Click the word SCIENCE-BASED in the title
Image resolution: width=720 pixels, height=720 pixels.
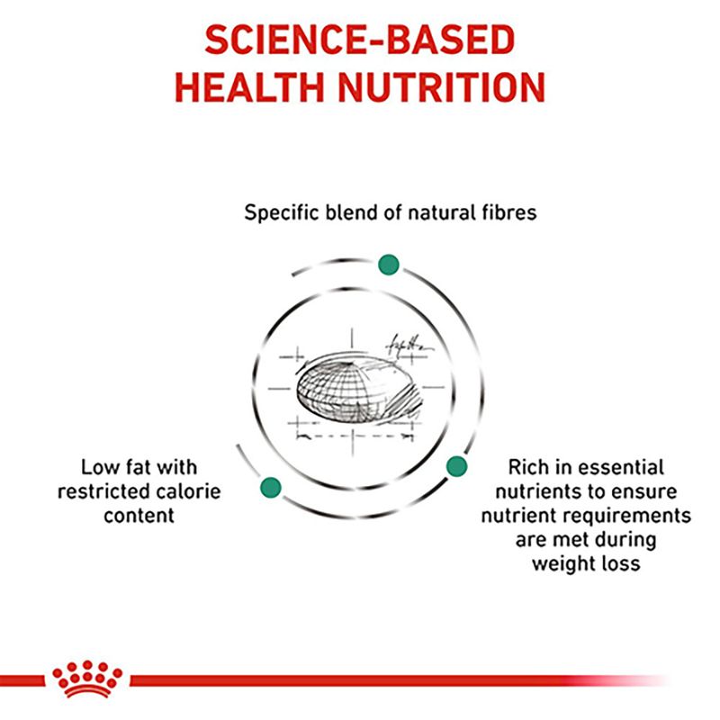(359, 40)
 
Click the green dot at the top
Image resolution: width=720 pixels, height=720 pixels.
(388, 265)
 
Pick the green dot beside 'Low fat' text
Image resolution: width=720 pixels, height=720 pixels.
(270, 488)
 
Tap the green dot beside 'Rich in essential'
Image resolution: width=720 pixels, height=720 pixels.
(457, 465)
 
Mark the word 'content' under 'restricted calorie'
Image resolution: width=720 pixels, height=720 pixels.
(138, 516)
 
